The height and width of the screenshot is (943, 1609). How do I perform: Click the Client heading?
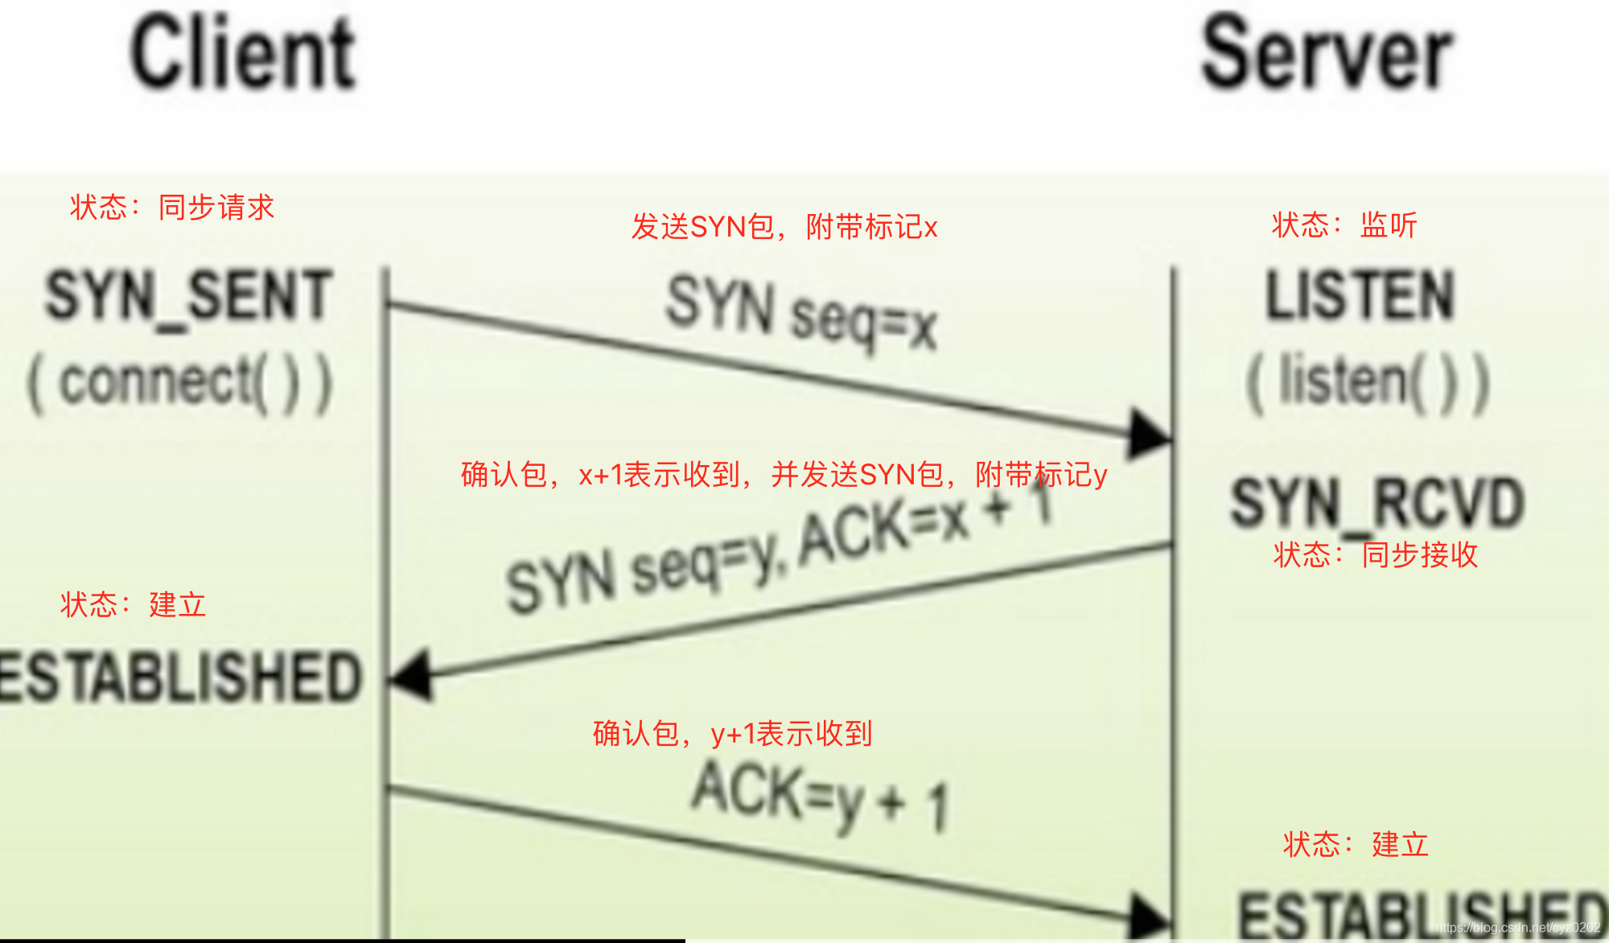point(243,54)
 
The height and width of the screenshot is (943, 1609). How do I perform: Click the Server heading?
point(1327,54)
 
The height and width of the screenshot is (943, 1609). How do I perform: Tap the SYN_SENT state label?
point(188,296)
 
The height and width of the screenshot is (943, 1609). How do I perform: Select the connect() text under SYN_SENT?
point(180,384)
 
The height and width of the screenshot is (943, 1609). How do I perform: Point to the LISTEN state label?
point(1360,296)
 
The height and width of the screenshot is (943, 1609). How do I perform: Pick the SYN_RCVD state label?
point(1377,503)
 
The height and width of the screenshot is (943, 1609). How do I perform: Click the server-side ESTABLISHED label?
point(1420,916)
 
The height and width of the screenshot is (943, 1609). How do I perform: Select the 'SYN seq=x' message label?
point(801,314)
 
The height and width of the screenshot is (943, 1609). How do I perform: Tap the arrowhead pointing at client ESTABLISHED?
point(412,677)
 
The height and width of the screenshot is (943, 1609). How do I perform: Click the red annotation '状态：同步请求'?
point(172,208)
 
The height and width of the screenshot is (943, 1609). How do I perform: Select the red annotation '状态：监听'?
point(1344,225)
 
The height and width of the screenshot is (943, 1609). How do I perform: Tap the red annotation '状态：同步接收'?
point(1376,555)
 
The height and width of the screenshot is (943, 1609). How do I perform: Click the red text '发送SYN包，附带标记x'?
point(784,227)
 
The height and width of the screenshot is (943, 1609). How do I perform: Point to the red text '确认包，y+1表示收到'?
point(732,734)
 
